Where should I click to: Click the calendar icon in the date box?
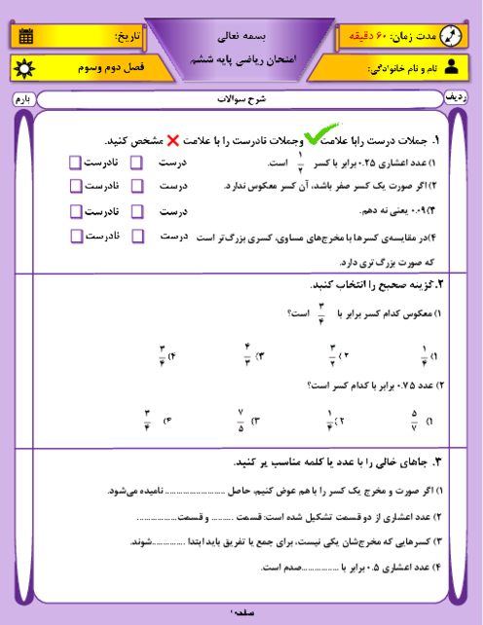tap(24, 37)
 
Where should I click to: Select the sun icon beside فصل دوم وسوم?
tap(24, 70)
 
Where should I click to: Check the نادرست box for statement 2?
tap(75, 185)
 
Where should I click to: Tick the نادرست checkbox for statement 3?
tap(75, 210)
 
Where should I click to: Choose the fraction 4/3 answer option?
tap(247, 356)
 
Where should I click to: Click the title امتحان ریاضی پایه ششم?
tap(239, 58)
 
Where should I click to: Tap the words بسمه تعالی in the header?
tap(239, 29)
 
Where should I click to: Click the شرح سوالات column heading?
tap(240, 99)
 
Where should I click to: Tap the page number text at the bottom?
tap(240, 613)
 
